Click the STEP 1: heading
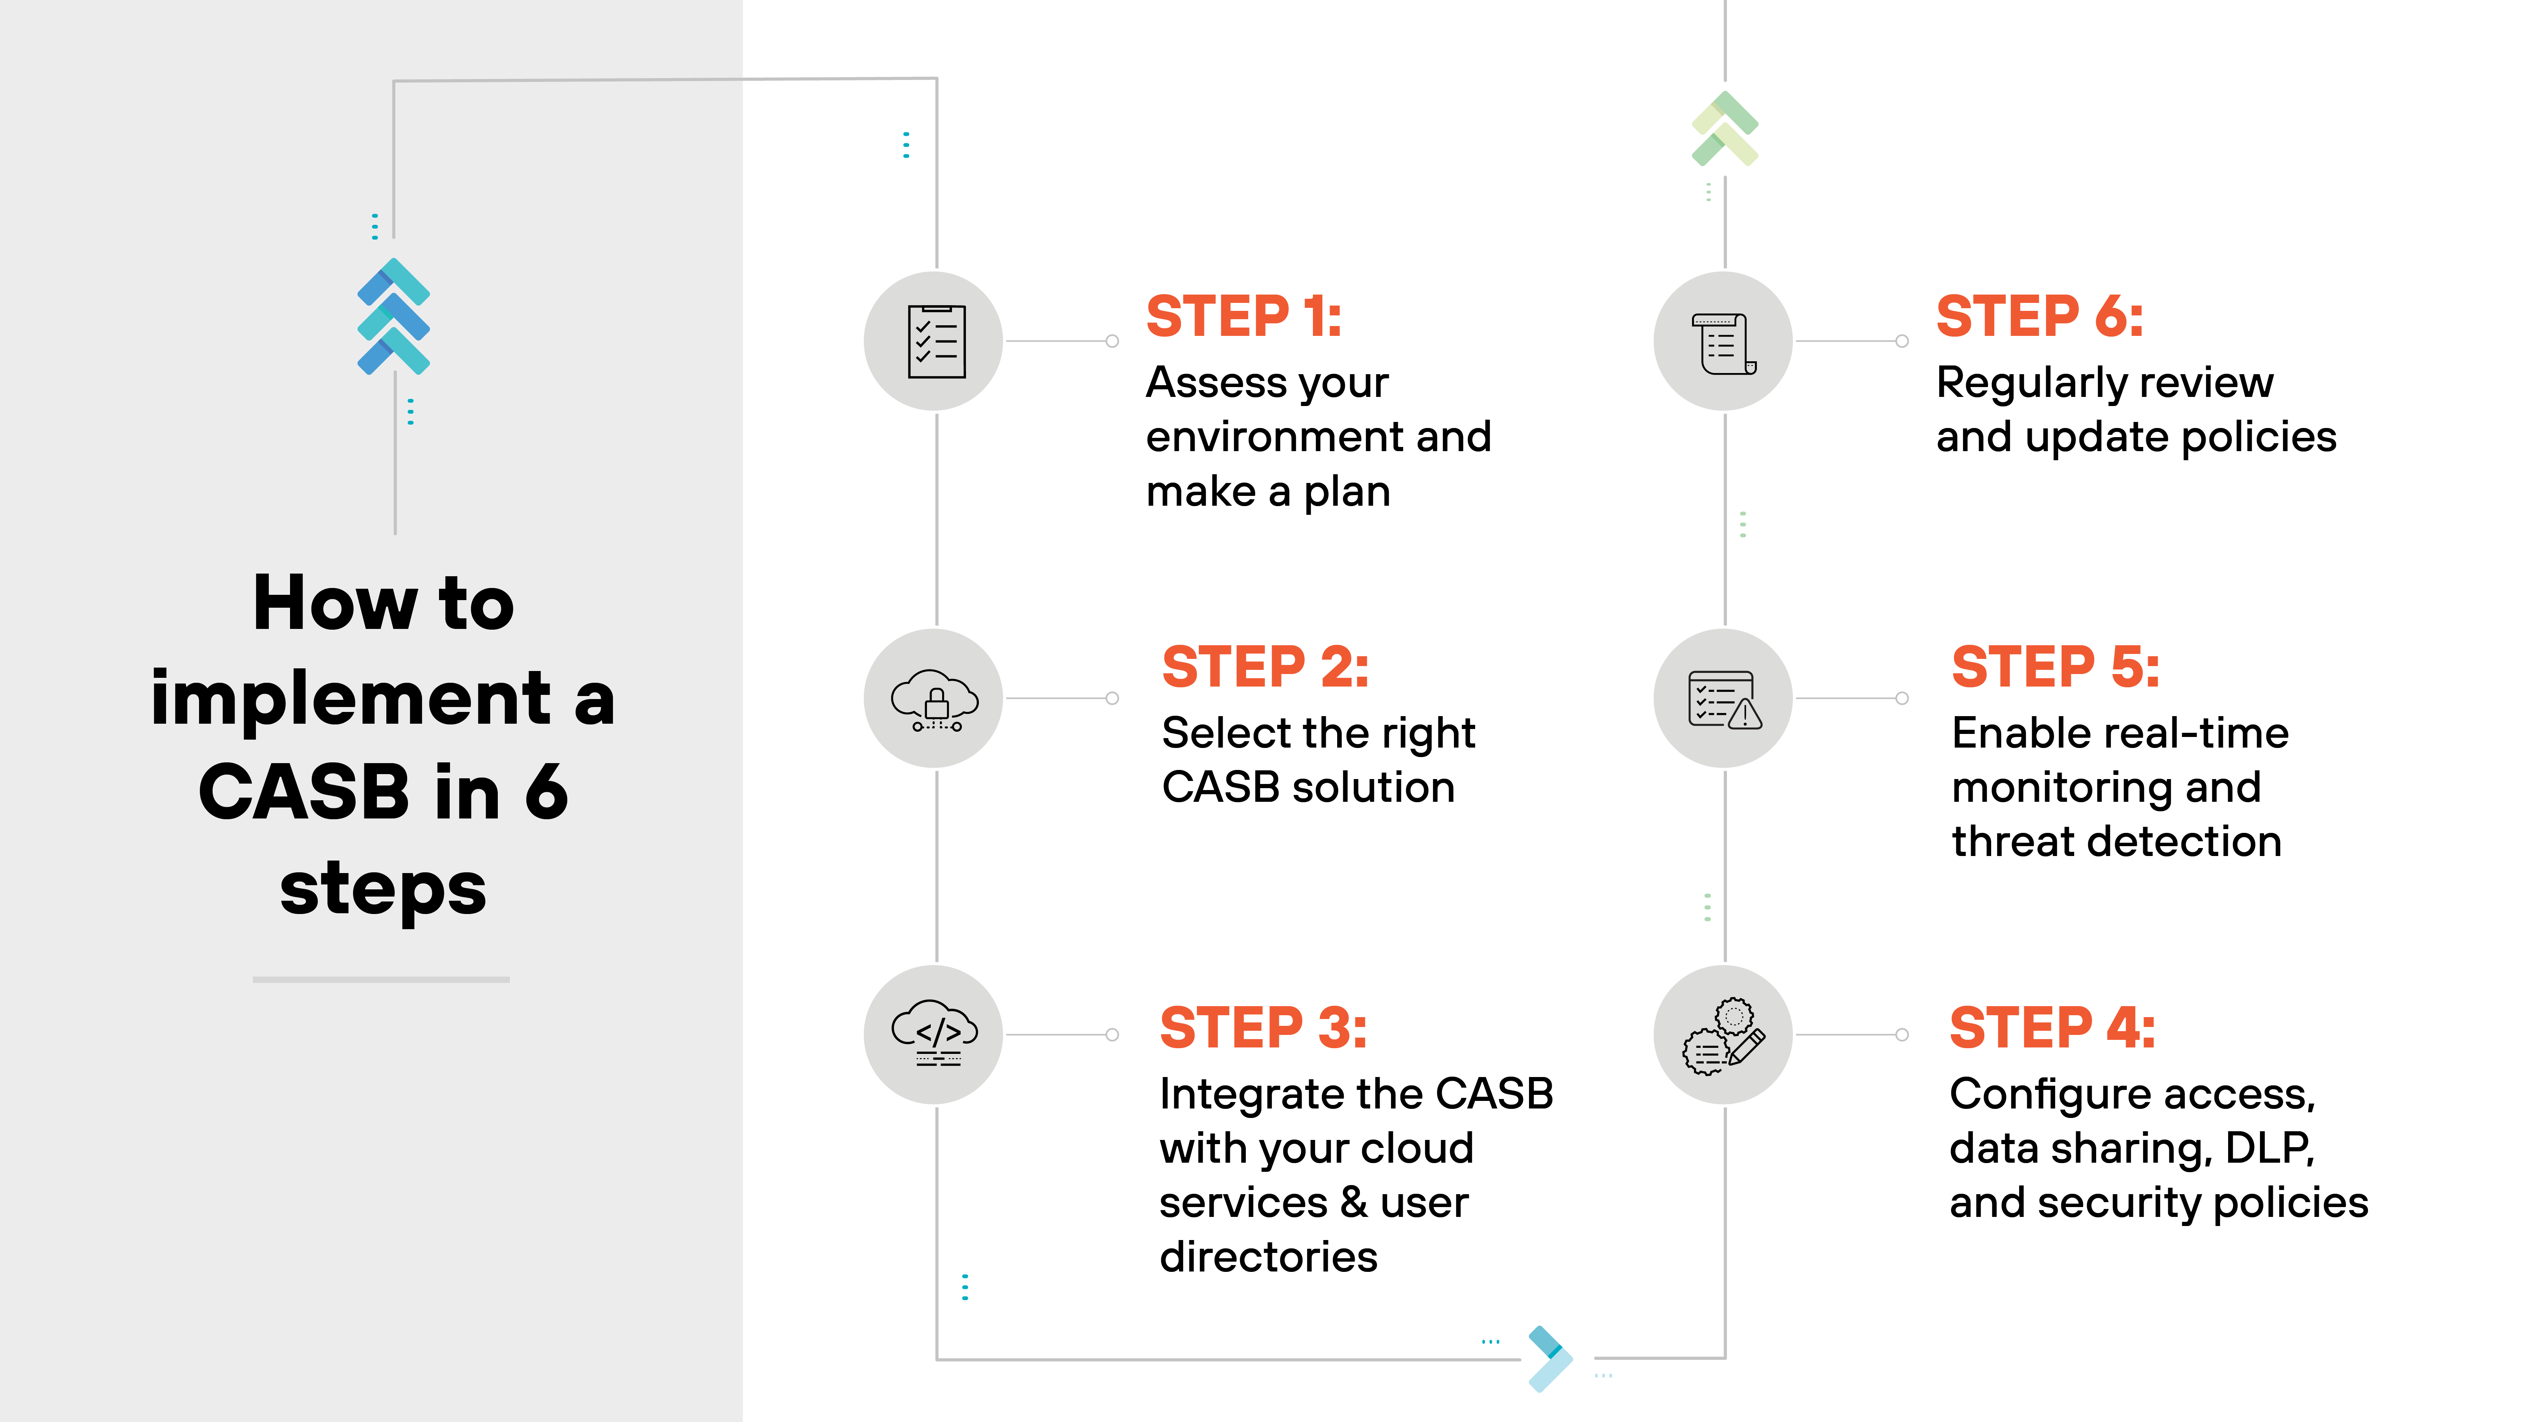pos(1244,317)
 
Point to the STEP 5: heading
pos(2055,667)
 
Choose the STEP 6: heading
pos(2039,317)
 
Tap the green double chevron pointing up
pos(1724,129)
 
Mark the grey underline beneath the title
pos(381,980)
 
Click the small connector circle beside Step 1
pos(1112,342)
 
